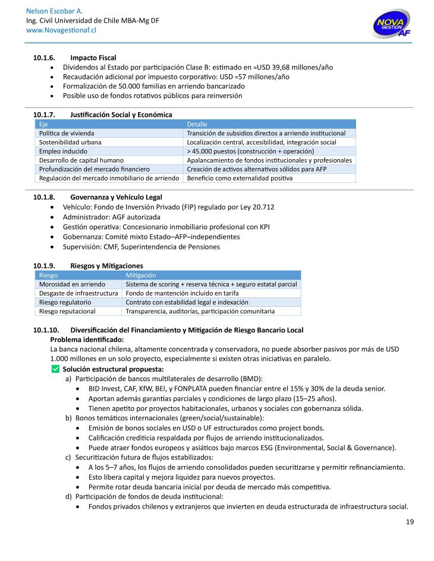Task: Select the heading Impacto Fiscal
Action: pos(93,58)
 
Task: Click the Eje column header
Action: pos(43,124)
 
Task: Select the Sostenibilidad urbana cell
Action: pos(70,142)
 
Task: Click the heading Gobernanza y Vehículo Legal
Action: pos(116,197)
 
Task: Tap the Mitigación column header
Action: pos(141,275)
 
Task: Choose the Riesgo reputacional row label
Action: pos(67,311)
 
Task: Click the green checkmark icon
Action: pos(56,369)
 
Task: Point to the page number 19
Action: pos(410,522)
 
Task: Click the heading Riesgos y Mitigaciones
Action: pos(106,265)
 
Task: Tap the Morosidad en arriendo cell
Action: pos(72,284)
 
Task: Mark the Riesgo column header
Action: pos(49,275)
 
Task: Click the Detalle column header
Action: pos(197,124)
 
